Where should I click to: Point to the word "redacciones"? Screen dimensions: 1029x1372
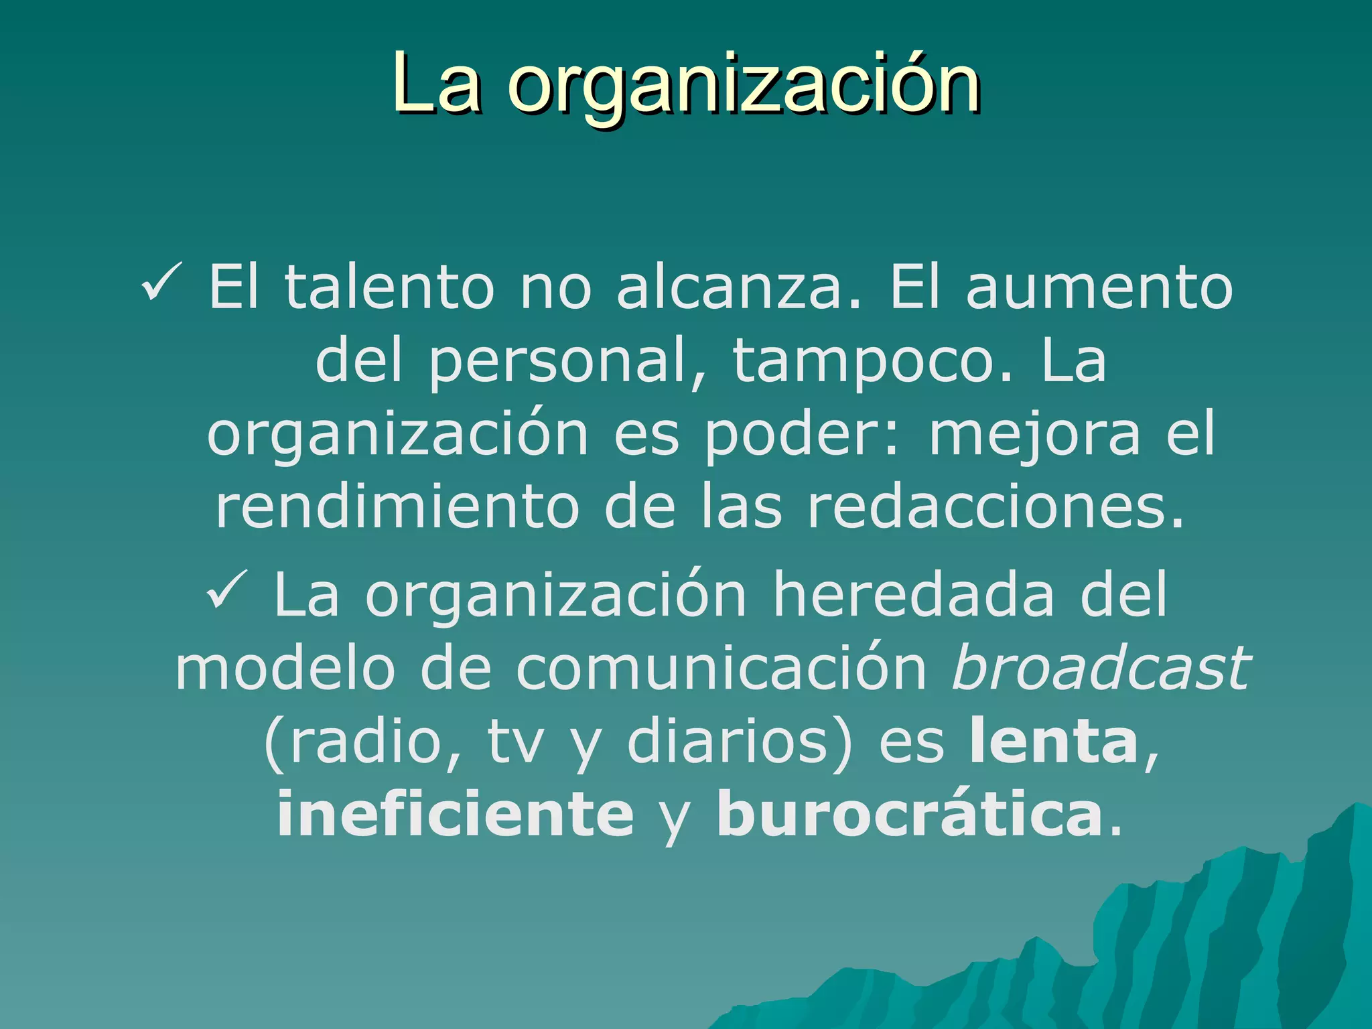point(995,507)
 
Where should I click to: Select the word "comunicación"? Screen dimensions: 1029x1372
point(721,668)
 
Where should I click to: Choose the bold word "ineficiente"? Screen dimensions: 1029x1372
point(455,814)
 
